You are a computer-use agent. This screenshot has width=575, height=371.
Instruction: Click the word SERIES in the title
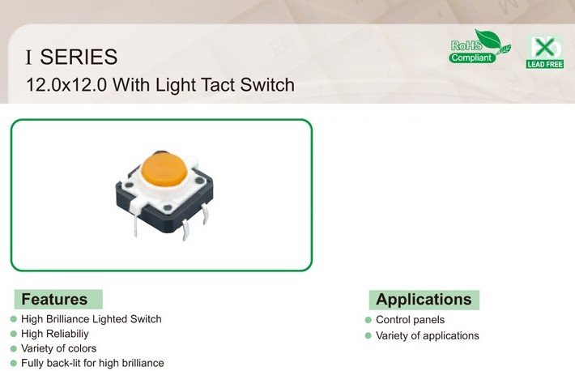tap(79, 57)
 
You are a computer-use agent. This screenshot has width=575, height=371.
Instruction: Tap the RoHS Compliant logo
tap(479, 46)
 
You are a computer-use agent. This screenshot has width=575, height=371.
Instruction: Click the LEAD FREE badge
tap(545, 52)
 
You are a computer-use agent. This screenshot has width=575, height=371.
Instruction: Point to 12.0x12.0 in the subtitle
tap(66, 85)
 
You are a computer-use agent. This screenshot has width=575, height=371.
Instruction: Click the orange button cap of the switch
tap(164, 169)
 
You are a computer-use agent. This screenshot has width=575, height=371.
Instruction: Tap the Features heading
tap(54, 299)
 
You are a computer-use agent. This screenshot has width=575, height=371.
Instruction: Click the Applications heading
tap(424, 300)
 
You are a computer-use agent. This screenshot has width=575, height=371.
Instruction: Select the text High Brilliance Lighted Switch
tap(92, 319)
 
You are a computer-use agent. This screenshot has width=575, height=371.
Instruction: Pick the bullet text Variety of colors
tap(58, 348)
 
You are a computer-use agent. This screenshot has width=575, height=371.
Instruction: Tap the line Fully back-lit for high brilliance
tap(92, 363)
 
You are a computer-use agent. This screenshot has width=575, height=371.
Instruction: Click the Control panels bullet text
tap(411, 320)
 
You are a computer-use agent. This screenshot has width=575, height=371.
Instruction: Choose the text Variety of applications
tap(428, 335)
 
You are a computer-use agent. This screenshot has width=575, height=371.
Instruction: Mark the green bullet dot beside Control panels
tap(368, 320)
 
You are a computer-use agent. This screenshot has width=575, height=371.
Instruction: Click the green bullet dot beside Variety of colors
tap(14, 348)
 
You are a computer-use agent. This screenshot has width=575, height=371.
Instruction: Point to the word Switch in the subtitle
tap(267, 85)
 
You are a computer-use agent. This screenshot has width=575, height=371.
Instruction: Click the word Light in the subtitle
tap(176, 86)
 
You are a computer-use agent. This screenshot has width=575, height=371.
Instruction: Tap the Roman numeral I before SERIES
tap(29, 58)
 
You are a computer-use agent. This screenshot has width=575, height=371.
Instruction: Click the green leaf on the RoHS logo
tap(488, 39)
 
